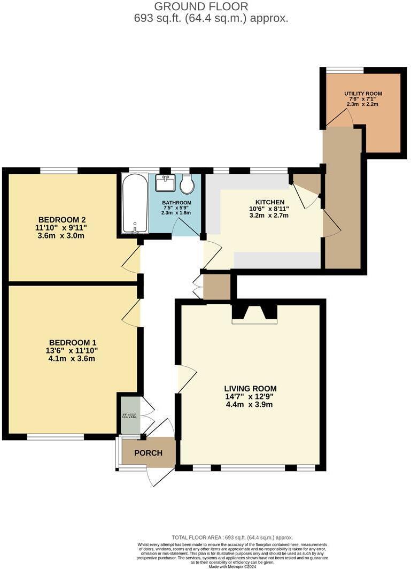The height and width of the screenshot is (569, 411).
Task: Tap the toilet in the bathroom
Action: [x=187, y=186]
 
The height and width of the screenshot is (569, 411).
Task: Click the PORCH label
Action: [x=148, y=453]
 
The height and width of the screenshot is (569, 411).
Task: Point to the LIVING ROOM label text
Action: [x=250, y=388]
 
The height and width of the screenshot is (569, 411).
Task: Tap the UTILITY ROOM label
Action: [x=363, y=93]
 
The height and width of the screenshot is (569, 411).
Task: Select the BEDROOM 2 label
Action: [x=62, y=219]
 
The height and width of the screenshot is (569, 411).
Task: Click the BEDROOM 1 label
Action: [x=73, y=342]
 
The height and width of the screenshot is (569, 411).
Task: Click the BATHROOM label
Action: [x=176, y=203]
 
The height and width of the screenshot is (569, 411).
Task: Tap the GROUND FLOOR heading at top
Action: [x=201, y=6]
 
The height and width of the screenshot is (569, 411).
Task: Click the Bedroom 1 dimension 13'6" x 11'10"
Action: [x=73, y=350]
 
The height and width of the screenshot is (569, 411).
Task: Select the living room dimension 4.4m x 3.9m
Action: [x=250, y=405]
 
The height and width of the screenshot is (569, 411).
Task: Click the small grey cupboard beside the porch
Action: [x=130, y=415]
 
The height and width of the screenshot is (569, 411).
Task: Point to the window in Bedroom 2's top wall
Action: [x=59, y=171]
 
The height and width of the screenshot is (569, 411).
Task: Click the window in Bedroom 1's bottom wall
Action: [x=56, y=437]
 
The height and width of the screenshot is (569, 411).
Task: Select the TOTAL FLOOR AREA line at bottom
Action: [x=232, y=537]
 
